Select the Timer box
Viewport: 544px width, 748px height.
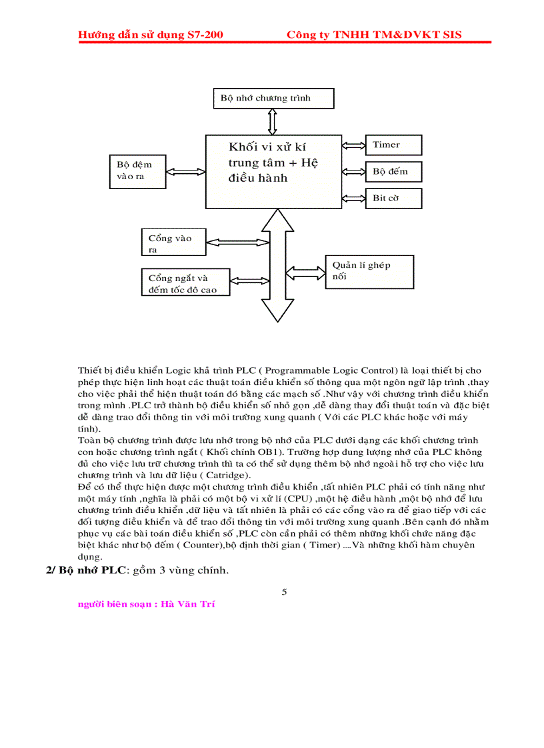point(393,145)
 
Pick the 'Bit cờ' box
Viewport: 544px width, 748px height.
point(393,198)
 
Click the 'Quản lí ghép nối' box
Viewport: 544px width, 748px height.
point(369,270)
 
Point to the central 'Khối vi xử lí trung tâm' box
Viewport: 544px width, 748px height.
point(273,171)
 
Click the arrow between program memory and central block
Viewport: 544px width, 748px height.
point(272,122)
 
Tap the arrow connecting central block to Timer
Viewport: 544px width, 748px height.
point(353,145)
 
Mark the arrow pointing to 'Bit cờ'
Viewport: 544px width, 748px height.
point(353,198)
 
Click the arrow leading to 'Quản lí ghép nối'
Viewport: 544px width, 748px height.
point(305,271)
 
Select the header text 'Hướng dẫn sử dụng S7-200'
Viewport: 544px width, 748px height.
point(150,35)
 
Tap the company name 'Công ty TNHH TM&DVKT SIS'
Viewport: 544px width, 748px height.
point(373,35)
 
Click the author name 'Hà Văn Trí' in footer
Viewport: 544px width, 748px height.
point(188,604)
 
